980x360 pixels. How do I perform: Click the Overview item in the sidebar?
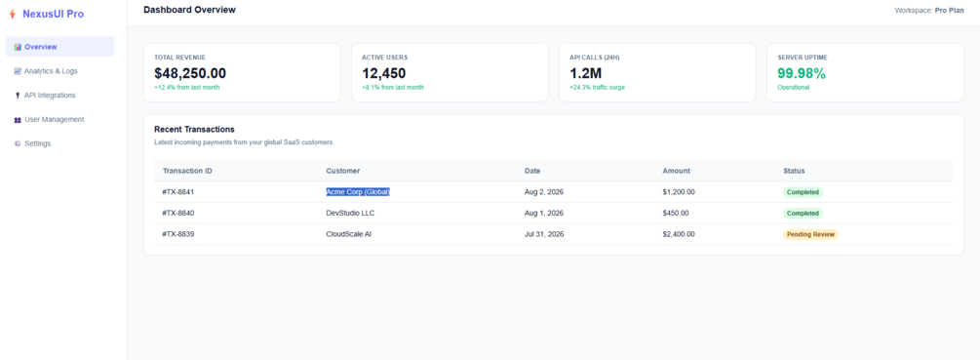click(60, 47)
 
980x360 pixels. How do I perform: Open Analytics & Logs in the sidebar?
click(46, 71)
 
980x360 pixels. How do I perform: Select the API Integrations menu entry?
click(45, 95)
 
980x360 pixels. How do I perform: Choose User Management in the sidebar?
click(49, 119)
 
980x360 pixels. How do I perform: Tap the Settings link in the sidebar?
click(32, 143)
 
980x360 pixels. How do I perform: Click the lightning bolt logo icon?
click(12, 14)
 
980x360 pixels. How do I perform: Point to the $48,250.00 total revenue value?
click(190, 73)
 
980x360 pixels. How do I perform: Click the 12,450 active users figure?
click(384, 73)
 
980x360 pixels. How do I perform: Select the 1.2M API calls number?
click(585, 73)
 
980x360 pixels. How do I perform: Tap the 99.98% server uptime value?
click(802, 73)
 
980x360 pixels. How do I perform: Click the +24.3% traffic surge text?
click(597, 88)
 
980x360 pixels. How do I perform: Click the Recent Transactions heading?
click(194, 130)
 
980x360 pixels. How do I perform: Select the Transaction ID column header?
click(187, 171)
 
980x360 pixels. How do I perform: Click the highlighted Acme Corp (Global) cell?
click(358, 192)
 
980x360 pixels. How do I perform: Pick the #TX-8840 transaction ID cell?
click(178, 213)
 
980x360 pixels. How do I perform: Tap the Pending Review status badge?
click(810, 234)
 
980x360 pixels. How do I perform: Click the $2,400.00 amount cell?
click(679, 234)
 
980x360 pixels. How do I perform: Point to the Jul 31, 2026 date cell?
click(544, 234)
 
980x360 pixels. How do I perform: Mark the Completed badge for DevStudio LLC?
click(804, 213)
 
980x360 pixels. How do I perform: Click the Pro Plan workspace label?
click(950, 11)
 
